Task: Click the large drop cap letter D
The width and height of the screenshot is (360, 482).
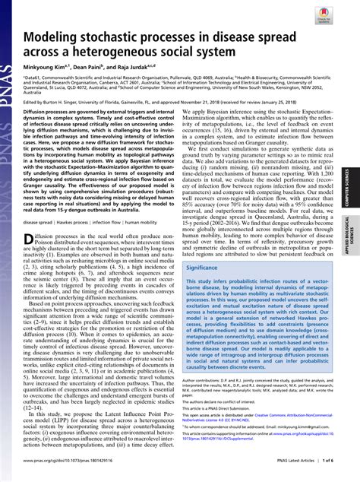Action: coord(30,243)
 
